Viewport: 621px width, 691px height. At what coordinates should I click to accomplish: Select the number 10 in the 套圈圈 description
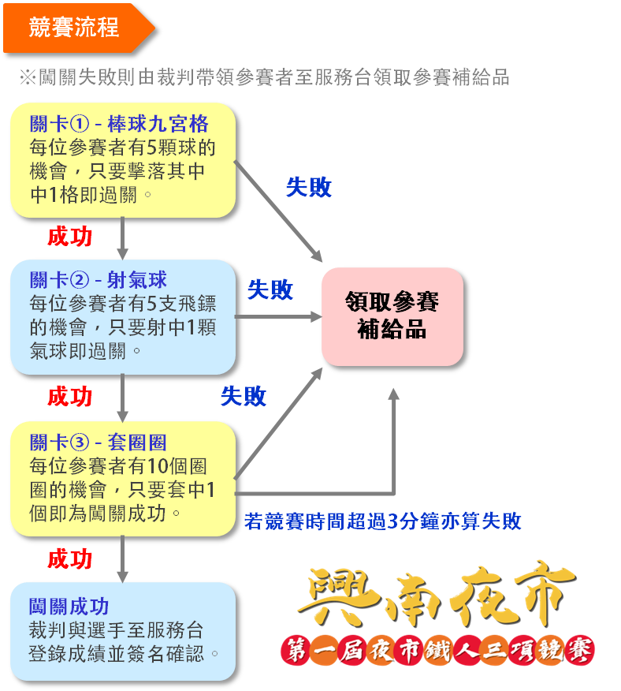coord(156,466)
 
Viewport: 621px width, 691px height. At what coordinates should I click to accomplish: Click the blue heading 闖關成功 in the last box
coord(69,607)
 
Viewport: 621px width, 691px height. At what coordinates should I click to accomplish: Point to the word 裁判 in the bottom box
coord(45,630)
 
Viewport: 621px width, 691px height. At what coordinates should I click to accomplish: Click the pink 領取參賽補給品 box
coord(392,316)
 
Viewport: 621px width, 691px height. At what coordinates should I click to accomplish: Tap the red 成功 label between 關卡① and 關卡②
coord(69,236)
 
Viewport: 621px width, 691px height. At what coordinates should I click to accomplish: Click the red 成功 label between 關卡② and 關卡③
coord(69,396)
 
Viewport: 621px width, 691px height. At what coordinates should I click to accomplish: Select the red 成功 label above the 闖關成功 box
coord(69,559)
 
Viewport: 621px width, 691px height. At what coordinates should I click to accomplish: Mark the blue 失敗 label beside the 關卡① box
coord(308,187)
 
